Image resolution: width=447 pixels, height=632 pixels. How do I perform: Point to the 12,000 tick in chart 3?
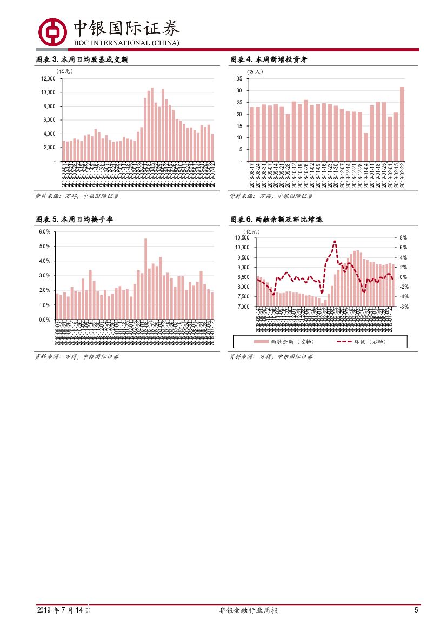(48, 78)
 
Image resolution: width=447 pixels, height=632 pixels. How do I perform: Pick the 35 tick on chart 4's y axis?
(238, 78)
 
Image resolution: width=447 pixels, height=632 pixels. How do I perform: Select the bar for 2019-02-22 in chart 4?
(402, 124)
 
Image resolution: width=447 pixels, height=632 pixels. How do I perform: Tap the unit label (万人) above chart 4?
(255, 71)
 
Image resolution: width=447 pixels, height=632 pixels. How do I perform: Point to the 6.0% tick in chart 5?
(45, 232)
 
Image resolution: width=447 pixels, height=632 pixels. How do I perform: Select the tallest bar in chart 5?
(145, 278)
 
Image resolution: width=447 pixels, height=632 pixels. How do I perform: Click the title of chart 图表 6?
(277, 219)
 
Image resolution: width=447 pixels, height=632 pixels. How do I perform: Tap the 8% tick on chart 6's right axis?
(403, 238)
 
